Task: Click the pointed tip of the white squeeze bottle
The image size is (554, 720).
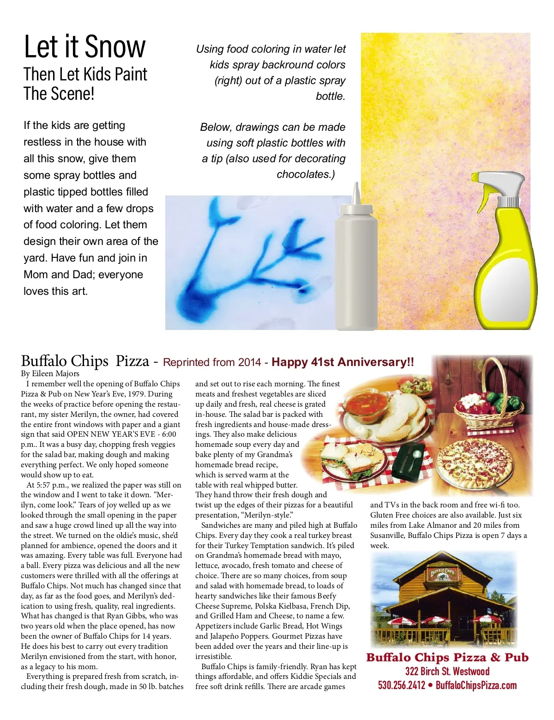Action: click(x=356, y=189)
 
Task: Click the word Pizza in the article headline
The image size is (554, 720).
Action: click(x=132, y=361)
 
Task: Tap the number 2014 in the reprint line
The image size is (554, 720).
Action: click(x=250, y=362)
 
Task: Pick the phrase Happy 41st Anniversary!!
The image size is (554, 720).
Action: click(x=343, y=362)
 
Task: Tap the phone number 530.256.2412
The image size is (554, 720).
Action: click(x=401, y=685)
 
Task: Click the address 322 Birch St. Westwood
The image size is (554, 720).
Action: click(x=447, y=671)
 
